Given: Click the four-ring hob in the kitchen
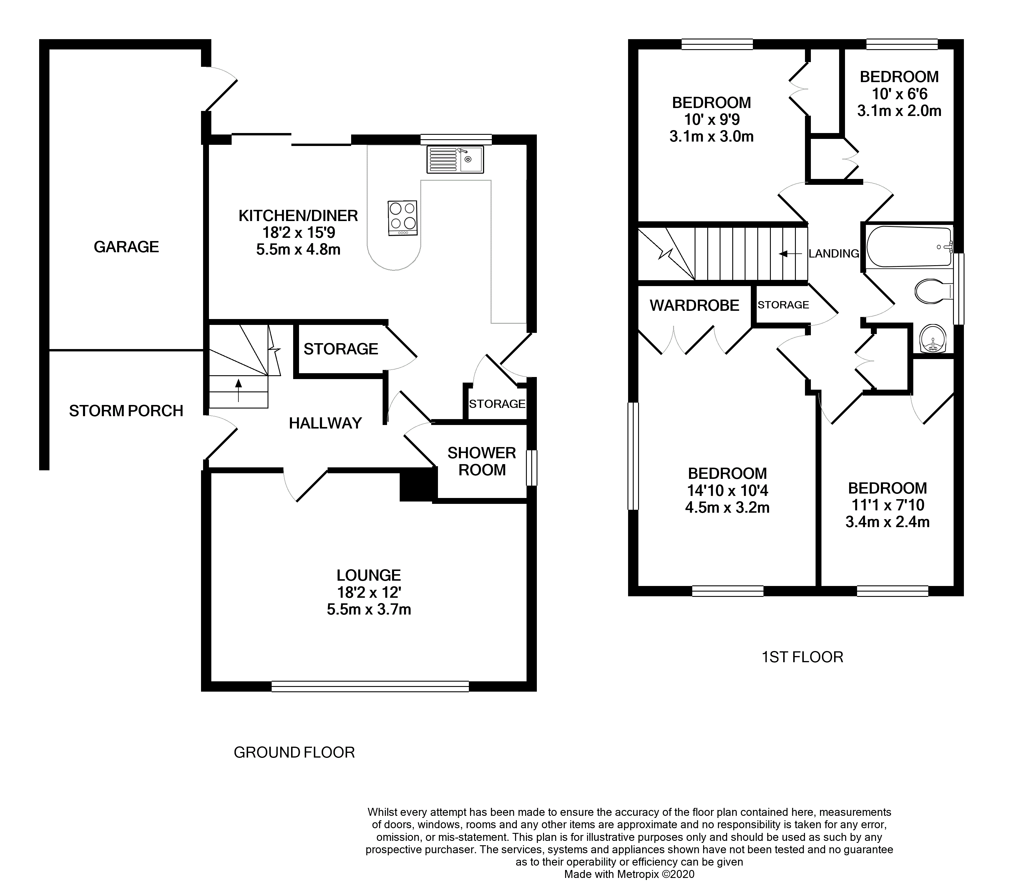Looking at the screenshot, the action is (x=403, y=218).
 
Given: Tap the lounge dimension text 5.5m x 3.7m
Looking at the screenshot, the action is (x=369, y=610).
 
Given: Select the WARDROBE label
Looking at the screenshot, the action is (x=695, y=306).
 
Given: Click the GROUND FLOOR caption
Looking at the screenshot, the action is (x=294, y=752).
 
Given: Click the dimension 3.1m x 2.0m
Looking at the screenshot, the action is (x=899, y=111).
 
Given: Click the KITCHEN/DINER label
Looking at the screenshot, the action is (x=298, y=215).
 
